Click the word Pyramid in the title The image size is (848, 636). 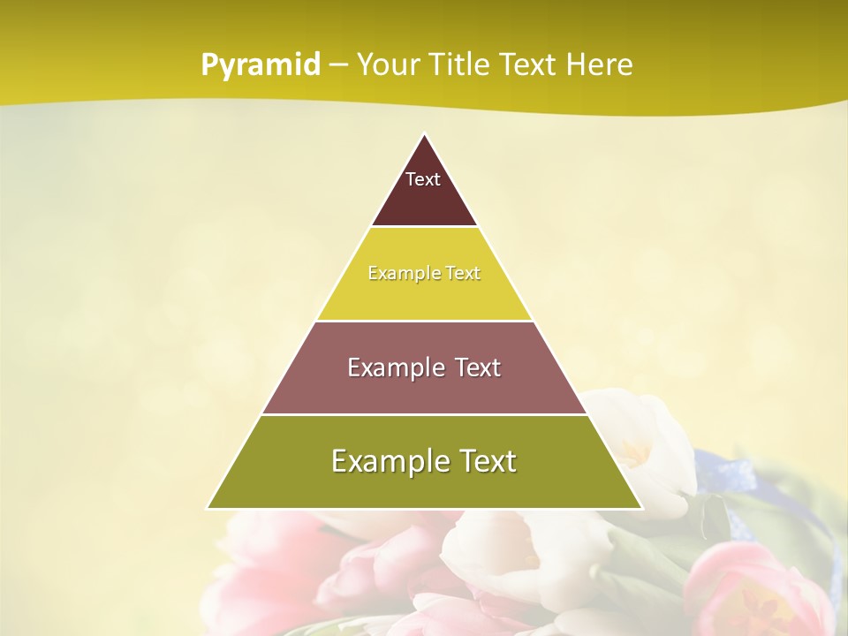click(260, 65)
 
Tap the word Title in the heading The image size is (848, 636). click(465, 65)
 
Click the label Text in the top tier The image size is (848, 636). click(423, 179)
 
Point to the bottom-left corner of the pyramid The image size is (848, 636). click(208, 508)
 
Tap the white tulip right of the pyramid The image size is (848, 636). click(645, 442)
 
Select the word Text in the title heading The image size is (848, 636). click(528, 65)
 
